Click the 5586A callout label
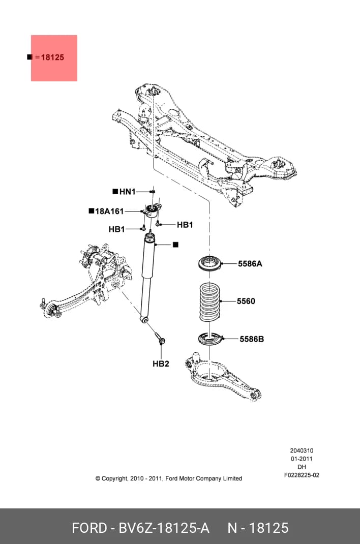[x=250, y=264]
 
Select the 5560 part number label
[x=246, y=301]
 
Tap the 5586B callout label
[x=252, y=339]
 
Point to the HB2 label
[x=161, y=364]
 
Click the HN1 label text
[x=127, y=192]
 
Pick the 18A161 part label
[x=109, y=211]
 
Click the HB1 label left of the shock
[x=117, y=229]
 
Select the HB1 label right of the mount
[x=185, y=225]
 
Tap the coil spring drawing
[x=210, y=301]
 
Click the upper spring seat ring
[x=210, y=263]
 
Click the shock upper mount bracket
[x=152, y=210]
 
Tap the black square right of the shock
[x=175, y=245]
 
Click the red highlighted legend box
[x=54, y=58]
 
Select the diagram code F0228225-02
[x=302, y=475]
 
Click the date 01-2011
[x=302, y=459]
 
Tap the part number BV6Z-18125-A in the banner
[x=164, y=528]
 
